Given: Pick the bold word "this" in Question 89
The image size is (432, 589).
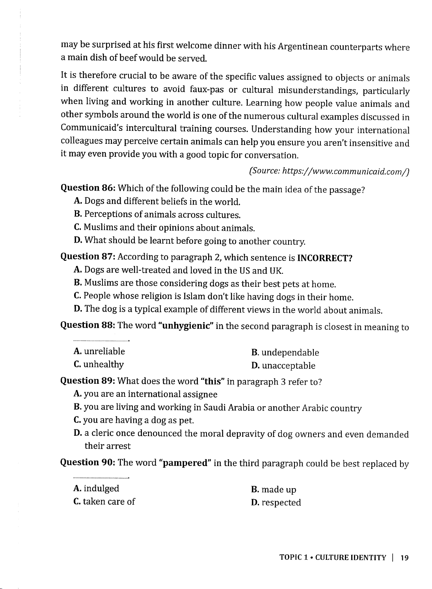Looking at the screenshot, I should pyautogui.click(x=212, y=381).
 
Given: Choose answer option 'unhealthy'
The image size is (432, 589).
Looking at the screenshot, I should pyautogui.click(x=103, y=364).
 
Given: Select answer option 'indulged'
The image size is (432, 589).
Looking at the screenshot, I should pyautogui.click(x=101, y=489).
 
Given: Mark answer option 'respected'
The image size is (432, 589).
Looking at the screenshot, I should pyautogui.click(x=281, y=503).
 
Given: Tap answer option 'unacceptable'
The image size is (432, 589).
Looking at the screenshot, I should pyautogui.click(x=289, y=366).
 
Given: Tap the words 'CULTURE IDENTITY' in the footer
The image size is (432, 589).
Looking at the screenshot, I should pyautogui.click(x=351, y=557).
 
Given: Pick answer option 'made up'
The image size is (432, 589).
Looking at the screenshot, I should pyautogui.click(x=279, y=490).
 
